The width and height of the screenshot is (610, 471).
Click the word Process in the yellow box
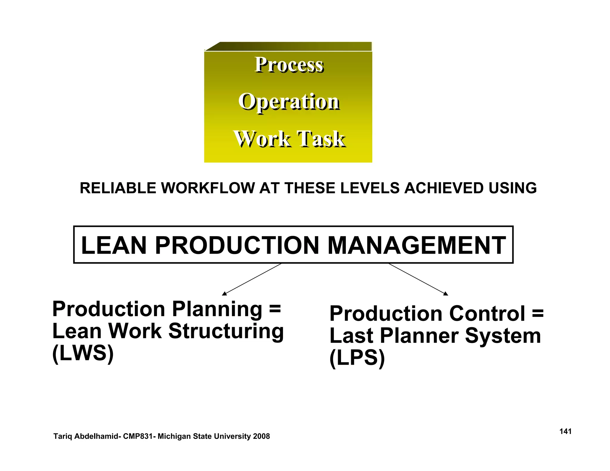click(289, 65)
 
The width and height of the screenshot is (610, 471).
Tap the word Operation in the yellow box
click(289, 102)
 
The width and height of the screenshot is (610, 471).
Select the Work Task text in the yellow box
click(290, 139)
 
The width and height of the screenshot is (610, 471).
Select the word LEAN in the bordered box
click(113, 245)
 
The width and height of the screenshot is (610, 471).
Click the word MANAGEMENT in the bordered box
click(417, 245)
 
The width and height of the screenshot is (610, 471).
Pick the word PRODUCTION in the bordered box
click(237, 245)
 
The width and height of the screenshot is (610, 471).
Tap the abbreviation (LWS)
click(83, 353)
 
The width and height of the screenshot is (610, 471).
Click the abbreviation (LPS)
click(357, 358)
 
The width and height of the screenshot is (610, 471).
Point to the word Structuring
click(226, 331)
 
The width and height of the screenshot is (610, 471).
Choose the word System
click(503, 336)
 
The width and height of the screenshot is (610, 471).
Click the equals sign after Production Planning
click(275, 309)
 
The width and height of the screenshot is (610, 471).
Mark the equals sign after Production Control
click(538, 314)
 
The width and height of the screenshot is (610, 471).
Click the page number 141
click(565, 431)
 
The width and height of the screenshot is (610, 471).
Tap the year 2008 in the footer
click(261, 436)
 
